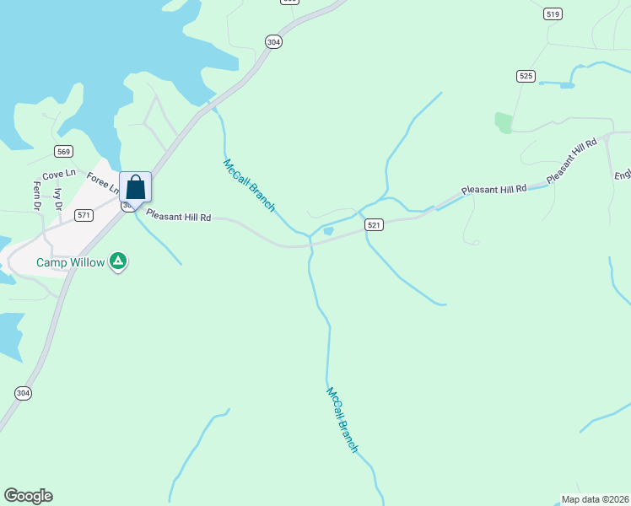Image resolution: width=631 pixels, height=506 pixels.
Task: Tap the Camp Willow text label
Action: [x=70, y=262]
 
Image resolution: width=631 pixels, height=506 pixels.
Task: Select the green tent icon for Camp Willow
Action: [x=119, y=262]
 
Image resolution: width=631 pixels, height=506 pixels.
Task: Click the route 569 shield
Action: [x=63, y=151]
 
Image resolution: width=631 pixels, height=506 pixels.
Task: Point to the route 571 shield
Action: [x=84, y=215]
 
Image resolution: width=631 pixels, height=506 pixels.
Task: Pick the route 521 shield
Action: [x=375, y=224]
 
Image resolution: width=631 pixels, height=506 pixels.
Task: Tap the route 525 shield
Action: [x=526, y=76]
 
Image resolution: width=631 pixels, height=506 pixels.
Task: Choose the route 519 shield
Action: [x=553, y=13]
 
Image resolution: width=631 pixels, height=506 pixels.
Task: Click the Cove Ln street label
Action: [x=59, y=174]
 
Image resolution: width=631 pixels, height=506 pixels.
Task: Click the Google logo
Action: [x=28, y=496]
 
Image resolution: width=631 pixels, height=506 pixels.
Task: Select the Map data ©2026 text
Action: [x=595, y=498]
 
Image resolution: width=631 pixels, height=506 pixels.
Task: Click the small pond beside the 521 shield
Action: [x=328, y=231]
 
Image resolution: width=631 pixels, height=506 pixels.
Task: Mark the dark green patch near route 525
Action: [x=504, y=122]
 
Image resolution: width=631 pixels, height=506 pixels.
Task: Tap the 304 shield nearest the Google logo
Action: [x=23, y=393]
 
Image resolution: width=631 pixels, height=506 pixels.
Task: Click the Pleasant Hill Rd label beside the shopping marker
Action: [x=177, y=216]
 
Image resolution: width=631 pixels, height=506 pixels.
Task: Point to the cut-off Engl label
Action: [x=623, y=175]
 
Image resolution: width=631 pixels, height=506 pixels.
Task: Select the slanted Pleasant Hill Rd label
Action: [x=571, y=159]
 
